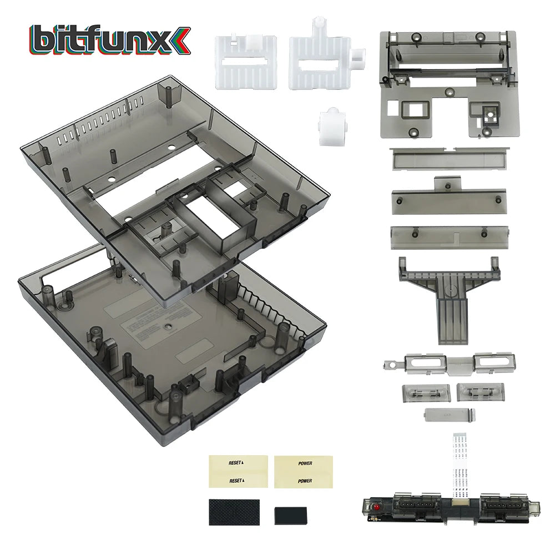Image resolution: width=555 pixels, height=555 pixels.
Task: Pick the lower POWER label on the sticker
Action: [x=304, y=480]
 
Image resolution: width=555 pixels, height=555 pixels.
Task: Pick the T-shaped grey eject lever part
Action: [x=449, y=297]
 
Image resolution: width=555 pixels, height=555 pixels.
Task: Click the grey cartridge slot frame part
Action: [x=449, y=83]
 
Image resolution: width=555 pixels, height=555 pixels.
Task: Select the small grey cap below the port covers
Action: [x=449, y=415]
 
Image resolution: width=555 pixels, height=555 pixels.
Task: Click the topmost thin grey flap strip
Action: [x=449, y=158]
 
